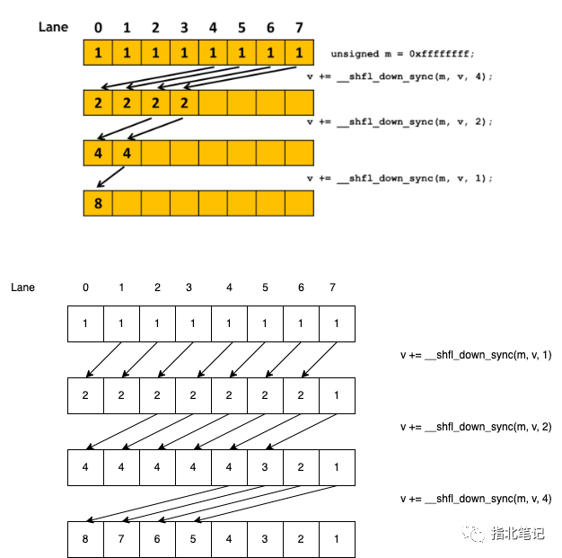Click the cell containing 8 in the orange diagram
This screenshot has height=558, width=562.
click(x=98, y=203)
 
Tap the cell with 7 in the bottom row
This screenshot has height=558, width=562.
click(x=121, y=539)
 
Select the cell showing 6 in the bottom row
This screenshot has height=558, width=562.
click(x=157, y=539)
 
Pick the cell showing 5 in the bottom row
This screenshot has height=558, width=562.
click(x=194, y=539)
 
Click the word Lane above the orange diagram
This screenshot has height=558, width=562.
click(x=53, y=27)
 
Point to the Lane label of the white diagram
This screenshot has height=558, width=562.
click(x=22, y=288)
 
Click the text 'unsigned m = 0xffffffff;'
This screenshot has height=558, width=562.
click(x=402, y=54)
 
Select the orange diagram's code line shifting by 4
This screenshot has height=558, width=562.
click(x=400, y=76)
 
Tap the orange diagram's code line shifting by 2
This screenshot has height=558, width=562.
click(x=400, y=121)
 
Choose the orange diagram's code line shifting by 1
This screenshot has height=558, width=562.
click(x=400, y=178)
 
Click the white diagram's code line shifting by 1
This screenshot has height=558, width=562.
click(x=476, y=355)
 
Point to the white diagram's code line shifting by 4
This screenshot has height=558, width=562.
click(x=476, y=499)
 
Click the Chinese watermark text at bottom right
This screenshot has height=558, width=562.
click(x=518, y=534)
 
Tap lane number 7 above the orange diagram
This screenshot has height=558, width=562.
click(x=299, y=28)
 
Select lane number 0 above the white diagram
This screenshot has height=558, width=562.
click(x=85, y=288)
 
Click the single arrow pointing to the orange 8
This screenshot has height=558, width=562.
click(x=110, y=177)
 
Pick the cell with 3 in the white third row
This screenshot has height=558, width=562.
click(x=265, y=467)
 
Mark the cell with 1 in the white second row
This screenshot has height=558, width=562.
click(x=337, y=395)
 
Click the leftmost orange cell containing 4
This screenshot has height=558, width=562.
click(x=98, y=154)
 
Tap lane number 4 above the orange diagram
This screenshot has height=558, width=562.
click(x=213, y=28)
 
